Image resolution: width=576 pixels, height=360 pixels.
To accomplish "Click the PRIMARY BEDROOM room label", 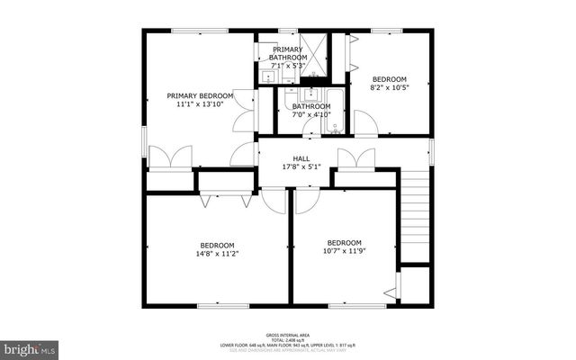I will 200,95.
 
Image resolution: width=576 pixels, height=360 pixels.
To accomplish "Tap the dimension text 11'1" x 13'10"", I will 200,104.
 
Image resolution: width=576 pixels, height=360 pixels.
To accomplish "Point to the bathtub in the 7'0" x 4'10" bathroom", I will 333,112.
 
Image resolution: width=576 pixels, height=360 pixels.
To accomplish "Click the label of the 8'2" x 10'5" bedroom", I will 390,79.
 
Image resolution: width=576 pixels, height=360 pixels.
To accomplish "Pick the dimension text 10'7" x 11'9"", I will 344,252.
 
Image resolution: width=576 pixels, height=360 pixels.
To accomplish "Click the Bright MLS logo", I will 30,346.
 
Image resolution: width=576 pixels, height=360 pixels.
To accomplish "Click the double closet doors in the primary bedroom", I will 170,158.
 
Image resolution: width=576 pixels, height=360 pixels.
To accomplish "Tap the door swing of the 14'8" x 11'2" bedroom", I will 274,201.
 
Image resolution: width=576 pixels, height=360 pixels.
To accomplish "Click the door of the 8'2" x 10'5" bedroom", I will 364,121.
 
